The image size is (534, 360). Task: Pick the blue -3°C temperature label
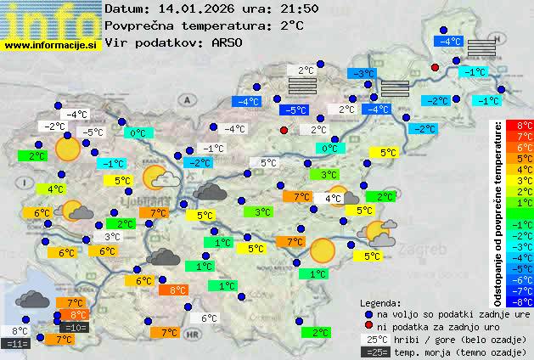(364, 74)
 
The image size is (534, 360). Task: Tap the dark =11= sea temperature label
(16, 343)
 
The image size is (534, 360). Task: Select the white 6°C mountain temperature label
(209, 318)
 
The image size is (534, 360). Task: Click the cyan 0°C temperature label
(138, 132)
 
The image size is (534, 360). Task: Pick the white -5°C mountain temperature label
(92, 132)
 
